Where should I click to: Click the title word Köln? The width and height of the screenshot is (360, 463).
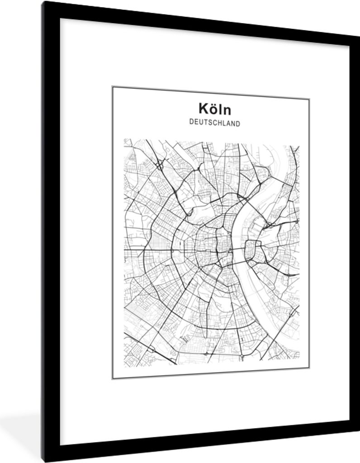pyautogui.click(x=214, y=109)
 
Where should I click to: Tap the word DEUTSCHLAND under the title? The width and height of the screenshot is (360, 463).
pyautogui.click(x=215, y=123)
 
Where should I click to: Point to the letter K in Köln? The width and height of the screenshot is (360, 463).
pyautogui.click(x=203, y=109)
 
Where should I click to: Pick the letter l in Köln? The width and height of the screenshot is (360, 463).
pyautogui.click(x=220, y=109)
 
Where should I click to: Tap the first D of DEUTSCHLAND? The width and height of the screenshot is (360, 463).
pyautogui.click(x=192, y=122)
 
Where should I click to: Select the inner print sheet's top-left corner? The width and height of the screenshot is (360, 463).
pyautogui.click(x=113, y=87)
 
